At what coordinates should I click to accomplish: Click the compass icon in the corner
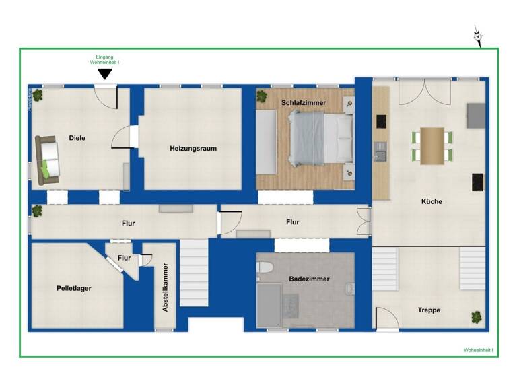[478, 36]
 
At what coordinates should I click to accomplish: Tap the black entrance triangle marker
[104, 74]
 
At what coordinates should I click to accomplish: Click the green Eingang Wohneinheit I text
[104, 60]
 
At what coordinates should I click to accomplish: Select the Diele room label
[77, 138]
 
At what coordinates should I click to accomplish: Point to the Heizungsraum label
[193, 149]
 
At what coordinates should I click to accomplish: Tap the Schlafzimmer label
[304, 102]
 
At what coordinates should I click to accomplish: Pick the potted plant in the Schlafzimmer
[262, 96]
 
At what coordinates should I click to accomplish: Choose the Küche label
[432, 201]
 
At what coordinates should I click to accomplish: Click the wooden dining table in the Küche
[432, 145]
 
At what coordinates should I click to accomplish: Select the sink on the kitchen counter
[380, 154]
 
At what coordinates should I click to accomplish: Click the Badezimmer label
[309, 279]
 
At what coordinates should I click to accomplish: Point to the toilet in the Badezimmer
[264, 267]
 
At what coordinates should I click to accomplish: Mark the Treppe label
[429, 310]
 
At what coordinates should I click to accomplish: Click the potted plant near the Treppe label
[477, 316]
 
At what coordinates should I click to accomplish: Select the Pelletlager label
[74, 288]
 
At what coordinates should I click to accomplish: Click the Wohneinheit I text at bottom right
[478, 351]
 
